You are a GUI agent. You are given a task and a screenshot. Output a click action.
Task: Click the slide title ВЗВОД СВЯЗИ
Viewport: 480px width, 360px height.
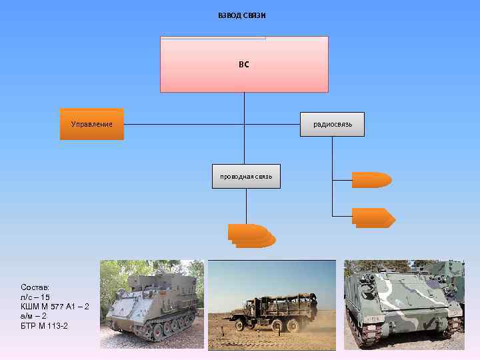tap(242, 15)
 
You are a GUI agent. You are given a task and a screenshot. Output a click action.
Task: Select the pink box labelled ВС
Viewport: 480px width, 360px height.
tap(244, 65)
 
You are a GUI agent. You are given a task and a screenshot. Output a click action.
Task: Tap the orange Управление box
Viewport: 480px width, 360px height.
tap(92, 124)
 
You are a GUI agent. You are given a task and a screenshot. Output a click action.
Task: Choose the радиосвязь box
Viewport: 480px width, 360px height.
tap(333, 124)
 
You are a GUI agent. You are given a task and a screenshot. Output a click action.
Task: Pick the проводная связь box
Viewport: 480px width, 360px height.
tap(246, 176)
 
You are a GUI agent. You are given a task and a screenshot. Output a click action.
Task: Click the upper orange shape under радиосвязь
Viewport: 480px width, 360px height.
tap(371, 180)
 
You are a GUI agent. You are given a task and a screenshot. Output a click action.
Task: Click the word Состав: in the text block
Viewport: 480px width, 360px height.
tap(35, 286)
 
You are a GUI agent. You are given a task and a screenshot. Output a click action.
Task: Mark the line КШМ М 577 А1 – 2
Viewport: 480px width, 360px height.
tap(55, 305)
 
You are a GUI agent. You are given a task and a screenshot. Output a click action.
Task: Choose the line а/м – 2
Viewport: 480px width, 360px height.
tap(34, 315)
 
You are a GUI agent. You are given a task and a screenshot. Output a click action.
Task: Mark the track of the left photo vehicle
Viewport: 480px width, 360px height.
tap(160, 329)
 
